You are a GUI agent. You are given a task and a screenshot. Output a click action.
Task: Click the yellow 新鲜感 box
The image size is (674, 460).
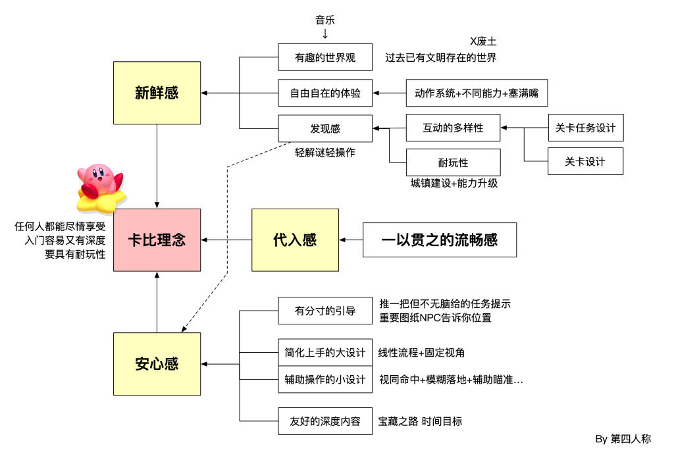[x=157, y=93]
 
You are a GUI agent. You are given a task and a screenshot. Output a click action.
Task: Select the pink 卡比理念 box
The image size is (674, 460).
[x=157, y=240]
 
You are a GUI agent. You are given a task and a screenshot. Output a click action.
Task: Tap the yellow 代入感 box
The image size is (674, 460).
[x=295, y=240]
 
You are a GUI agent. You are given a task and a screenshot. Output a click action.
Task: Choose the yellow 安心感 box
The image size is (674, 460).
[x=157, y=364]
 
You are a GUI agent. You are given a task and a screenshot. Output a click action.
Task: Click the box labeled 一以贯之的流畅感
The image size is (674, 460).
[x=440, y=240]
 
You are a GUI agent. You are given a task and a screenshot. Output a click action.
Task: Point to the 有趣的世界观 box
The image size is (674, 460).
[x=325, y=57]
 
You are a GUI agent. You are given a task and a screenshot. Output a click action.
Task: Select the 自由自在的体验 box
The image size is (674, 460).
[x=325, y=93]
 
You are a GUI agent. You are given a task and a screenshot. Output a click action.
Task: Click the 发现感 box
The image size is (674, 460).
[x=325, y=128]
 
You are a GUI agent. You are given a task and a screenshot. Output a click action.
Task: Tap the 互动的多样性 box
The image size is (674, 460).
[x=453, y=128]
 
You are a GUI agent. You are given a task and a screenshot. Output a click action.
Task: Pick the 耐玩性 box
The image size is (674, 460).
[x=453, y=163]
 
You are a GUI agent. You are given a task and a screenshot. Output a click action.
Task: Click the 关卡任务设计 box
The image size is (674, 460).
[x=585, y=128]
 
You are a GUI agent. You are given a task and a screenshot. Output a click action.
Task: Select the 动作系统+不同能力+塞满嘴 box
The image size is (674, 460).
[x=477, y=93]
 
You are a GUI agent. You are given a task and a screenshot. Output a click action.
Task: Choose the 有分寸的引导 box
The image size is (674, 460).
[x=325, y=311]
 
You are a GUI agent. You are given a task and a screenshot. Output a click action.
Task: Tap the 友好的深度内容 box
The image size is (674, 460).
[x=325, y=421]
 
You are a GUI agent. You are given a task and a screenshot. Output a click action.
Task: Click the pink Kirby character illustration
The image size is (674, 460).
[x=99, y=187]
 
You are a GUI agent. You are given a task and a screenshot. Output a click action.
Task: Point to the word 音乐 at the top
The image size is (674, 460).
[x=325, y=20]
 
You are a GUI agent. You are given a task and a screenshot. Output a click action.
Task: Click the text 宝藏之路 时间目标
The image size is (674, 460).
[x=420, y=421]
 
